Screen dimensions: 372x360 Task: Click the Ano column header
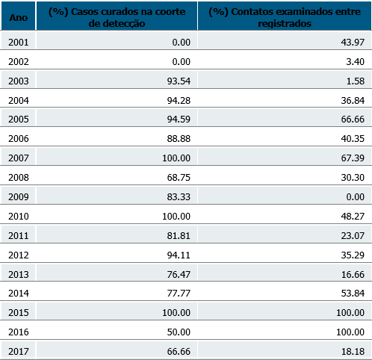point(19,18)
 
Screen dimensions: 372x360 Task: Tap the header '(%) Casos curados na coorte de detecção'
point(117,17)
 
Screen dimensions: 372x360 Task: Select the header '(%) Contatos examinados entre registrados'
point(285,17)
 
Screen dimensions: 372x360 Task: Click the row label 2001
point(19,43)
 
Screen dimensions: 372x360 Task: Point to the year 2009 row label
point(19,197)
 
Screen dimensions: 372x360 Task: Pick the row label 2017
point(19,352)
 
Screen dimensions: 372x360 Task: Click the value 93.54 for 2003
point(179,81)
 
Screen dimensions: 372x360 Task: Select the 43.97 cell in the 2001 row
point(353,43)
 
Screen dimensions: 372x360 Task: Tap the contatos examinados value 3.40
point(355,62)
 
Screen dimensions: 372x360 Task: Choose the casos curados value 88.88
point(179,139)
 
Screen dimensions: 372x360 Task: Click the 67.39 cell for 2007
point(353,158)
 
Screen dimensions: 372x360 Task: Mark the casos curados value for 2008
point(179,178)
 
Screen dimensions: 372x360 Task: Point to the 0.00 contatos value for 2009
point(355,197)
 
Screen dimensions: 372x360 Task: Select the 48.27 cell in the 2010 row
point(353,217)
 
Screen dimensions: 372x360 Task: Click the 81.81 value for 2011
point(179,236)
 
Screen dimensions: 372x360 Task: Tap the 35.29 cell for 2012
point(353,255)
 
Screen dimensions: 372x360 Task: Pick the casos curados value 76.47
point(179,275)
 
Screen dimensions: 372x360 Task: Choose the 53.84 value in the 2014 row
point(353,294)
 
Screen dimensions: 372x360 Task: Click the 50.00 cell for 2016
point(179,332)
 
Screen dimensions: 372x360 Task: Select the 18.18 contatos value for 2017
point(353,352)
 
